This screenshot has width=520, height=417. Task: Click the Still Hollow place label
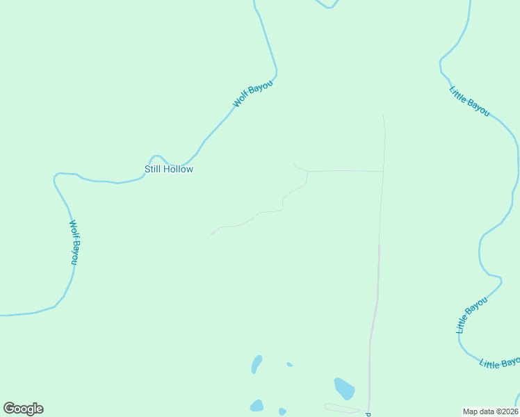(168, 169)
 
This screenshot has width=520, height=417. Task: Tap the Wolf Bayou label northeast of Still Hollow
(253, 94)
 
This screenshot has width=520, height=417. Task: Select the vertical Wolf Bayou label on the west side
(74, 242)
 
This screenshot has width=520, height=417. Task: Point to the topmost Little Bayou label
(470, 101)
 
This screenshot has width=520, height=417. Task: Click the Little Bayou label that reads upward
(472, 315)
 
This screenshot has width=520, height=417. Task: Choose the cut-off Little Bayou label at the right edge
(500, 363)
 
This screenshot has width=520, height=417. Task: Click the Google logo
(23, 409)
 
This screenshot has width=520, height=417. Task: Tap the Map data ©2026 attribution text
(491, 411)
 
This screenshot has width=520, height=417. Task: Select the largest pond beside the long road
(344, 389)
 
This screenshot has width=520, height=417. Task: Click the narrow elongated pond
(257, 363)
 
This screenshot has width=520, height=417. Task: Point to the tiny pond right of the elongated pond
(289, 364)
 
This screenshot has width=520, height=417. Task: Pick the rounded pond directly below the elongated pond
(257, 405)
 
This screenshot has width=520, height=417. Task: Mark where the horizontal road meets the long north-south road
(384, 171)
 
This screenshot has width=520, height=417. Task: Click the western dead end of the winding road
(211, 234)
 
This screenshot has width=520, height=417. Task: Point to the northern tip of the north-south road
(383, 115)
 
